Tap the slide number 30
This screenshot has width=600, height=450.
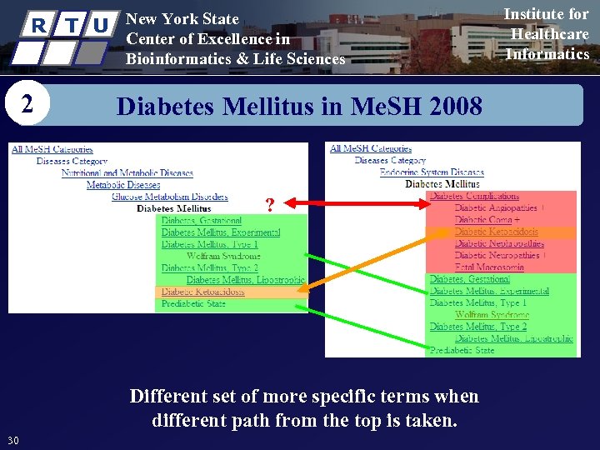coord(13,440)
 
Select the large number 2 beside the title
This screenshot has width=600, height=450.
coord(28,105)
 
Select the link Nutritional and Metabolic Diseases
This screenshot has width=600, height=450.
coord(127,173)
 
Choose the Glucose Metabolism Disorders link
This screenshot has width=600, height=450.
coord(169,197)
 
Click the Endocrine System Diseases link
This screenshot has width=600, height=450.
coord(432,172)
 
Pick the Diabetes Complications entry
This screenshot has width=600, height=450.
coord(474,197)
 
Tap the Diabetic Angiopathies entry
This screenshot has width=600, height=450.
coord(496,208)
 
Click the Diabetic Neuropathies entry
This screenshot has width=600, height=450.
coord(498,256)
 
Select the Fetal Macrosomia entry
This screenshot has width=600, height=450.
coord(489,267)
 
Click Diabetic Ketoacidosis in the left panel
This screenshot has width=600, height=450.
coord(202,292)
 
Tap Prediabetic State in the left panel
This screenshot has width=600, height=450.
coord(193,304)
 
